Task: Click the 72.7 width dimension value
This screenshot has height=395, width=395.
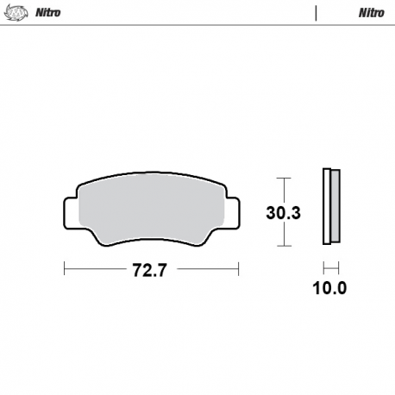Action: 149,269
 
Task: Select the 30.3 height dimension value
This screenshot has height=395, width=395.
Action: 282,212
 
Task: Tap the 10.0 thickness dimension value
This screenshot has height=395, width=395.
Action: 329,288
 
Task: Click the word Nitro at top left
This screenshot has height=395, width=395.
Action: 47,13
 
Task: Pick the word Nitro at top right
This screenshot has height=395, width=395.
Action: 371,13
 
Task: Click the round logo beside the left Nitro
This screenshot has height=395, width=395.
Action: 17,13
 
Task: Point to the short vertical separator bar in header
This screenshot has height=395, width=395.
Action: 317,13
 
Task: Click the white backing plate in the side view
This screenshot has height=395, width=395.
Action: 326,205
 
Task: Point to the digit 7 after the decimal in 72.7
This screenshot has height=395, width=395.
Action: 160,269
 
